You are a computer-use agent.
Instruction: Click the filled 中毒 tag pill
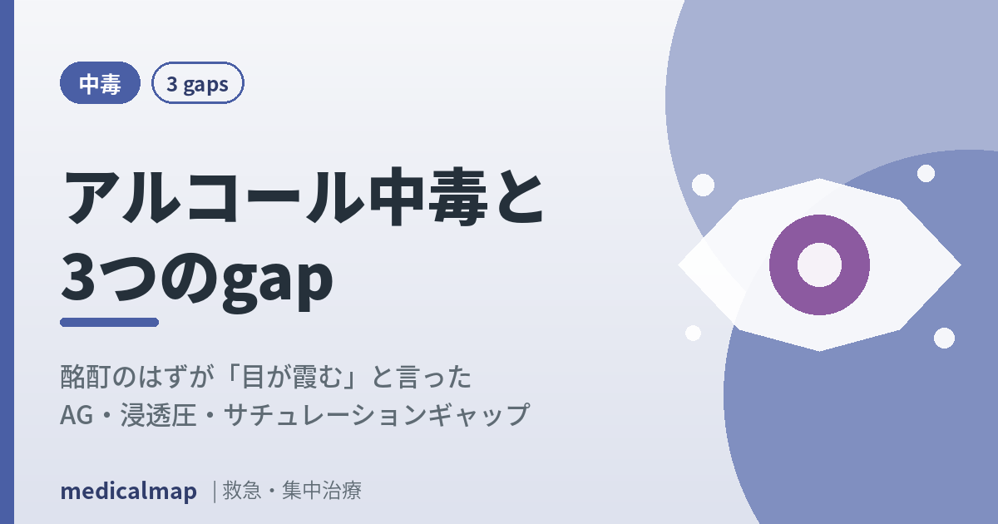tap(100, 83)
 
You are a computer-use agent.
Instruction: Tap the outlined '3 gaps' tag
tap(197, 83)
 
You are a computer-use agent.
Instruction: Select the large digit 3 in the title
tap(78, 277)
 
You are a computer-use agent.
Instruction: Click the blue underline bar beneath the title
tap(109, 322)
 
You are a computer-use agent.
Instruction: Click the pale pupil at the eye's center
tap(819, 265)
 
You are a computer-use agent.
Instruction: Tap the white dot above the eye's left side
tap(703, 185)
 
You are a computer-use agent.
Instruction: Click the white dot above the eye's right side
tap(926, 173)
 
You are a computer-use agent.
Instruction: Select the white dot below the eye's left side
tap(693, 333)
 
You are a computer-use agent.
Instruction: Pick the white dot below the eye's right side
tap(944, 339)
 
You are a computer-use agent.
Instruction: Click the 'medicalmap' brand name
tap(128, 492)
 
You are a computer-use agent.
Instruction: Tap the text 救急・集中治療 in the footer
tap(292, 491)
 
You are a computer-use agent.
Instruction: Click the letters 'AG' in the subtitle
tap(77, 415)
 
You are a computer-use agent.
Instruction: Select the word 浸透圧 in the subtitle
tap(158, 415)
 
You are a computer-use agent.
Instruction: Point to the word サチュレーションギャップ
tap(377, 415)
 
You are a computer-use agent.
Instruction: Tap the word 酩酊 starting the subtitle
tap(85, 377)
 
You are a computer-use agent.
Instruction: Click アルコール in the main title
tap(214, 196)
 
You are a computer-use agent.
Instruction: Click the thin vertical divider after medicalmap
tap(215, 492)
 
